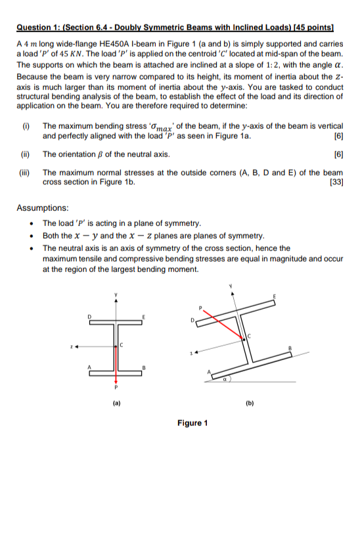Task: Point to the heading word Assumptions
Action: click(43, 208)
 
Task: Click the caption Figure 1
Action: click(192, 423)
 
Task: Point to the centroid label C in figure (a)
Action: click(121, 344)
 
